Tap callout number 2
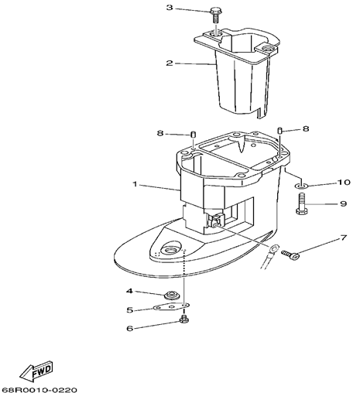[x=170, y=63]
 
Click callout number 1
[x=135, y=184]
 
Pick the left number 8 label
[x=160, y=133]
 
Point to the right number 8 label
[x=306, y=128]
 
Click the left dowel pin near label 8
[x=194, y=135]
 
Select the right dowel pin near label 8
[x=279, y=130]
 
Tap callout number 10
[x=344, y=183]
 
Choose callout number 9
[x=343, y=203]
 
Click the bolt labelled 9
[x=302, y=204]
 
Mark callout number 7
[x=344, y=238]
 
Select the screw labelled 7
[x=290, y=255]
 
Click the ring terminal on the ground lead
[x=274, y=249]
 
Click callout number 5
[x=129, y=309]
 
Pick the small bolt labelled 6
[x=184, y=320]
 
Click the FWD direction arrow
[x=36, y=372]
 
